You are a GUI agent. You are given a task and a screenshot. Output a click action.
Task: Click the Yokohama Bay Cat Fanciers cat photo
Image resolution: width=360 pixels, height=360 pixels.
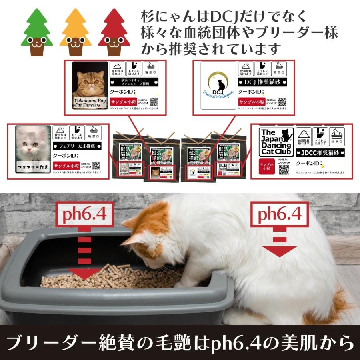(x=90, y=85)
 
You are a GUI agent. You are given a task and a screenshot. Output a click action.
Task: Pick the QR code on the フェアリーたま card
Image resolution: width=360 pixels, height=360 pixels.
(x=96, y=166)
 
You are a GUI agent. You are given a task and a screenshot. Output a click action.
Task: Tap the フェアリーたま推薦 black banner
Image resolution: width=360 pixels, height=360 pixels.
(x=80, y=146)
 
